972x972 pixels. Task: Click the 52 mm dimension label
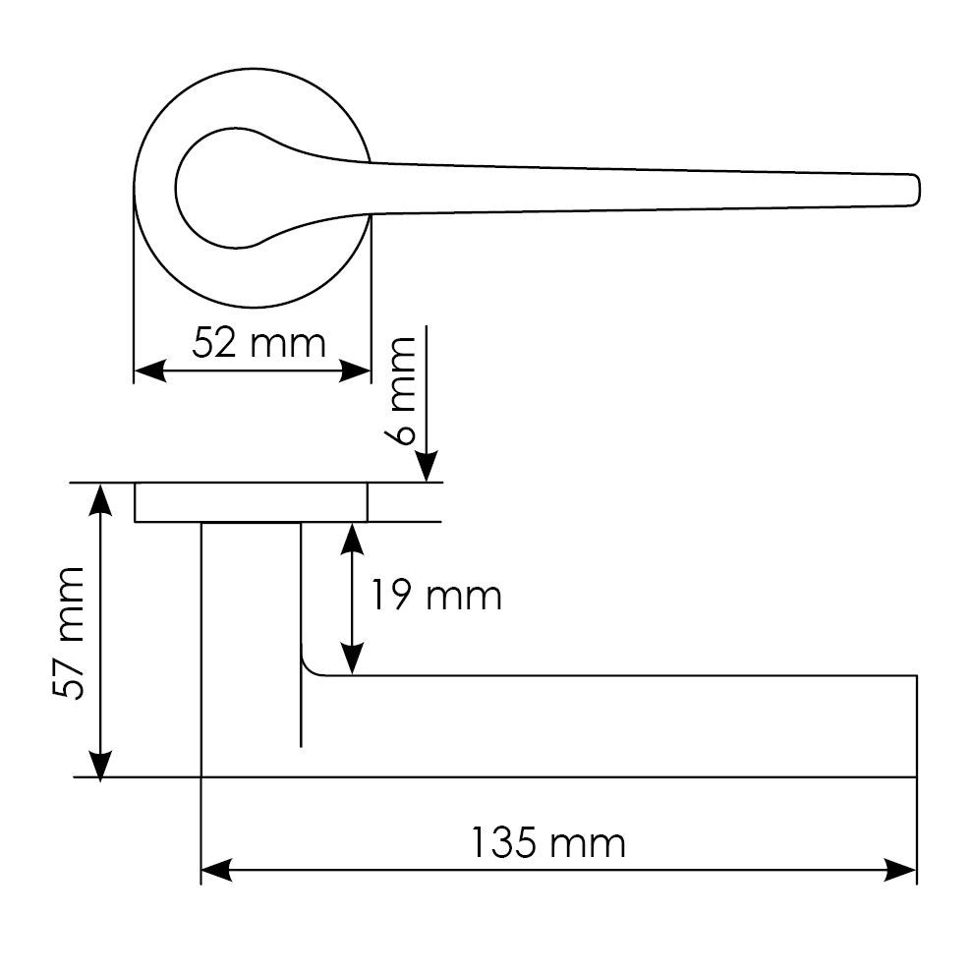258,343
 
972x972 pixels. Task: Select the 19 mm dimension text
435,596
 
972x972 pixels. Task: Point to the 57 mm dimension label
69,633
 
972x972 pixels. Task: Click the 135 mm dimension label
548,843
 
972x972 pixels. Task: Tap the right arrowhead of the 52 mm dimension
355,371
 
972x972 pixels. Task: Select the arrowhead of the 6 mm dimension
427,466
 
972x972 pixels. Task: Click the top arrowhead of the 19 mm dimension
352,539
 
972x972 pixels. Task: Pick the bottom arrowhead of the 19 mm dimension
352,658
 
